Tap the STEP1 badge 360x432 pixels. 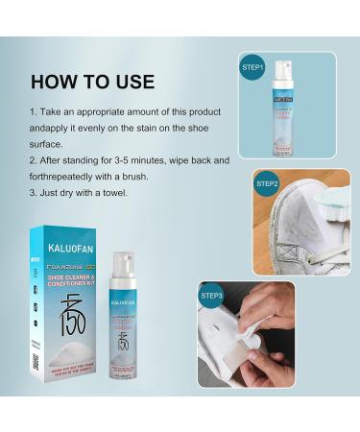click(x=252, y=68)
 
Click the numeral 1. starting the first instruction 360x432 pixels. click(x=34, y=111)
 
